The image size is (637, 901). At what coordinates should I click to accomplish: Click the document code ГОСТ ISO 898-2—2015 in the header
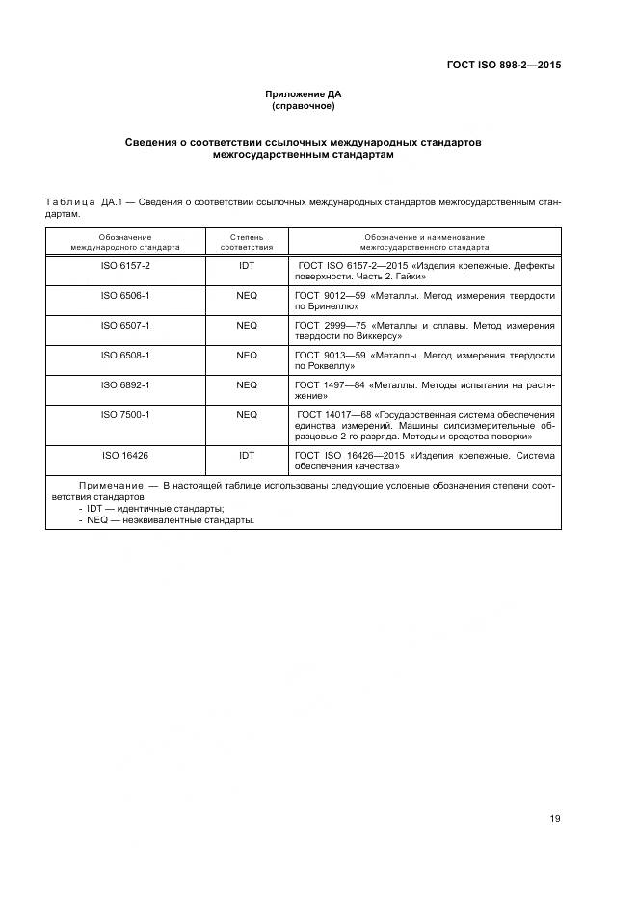pyautogui.click(x=504, y=66)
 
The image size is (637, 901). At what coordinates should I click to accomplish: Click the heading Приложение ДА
pyautogui.click(x=304, y=94)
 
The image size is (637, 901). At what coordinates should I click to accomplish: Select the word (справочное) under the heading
pyautogui.click(x=304, y=106)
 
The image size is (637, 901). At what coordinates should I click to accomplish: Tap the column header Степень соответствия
pyautogui.click(x=247, y=241)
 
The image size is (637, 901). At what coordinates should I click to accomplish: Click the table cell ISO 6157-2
pyautogui.click(x=126, y=264)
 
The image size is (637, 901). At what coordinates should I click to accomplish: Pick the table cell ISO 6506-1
pyautogui.click(x=126, y=294)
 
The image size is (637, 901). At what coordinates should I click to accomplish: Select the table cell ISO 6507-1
pyautogui.click(x=126, y=325)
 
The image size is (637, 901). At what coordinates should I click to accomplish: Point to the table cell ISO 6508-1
pyautogui.click(x=126, y=355)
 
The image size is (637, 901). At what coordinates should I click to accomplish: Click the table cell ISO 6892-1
pyautogui.click(x=126, y=384)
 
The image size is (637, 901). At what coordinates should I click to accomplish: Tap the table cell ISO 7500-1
pyautogui.click(x=126, y=414)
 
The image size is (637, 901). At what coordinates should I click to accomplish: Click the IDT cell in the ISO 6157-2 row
pyautogui.click(x=247, y=264)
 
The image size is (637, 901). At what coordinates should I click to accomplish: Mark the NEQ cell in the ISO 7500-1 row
pyautogui.click(x=247, y=414)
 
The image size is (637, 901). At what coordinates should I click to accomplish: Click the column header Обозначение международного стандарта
pyautogui.click(x=126, y=241)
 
